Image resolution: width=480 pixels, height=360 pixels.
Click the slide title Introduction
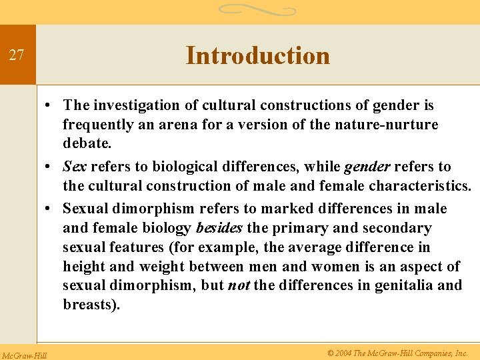point(257,55)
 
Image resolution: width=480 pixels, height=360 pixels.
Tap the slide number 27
point(17,55)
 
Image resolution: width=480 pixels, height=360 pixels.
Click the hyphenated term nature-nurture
point(386,124)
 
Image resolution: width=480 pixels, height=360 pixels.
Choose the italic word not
point(239,285)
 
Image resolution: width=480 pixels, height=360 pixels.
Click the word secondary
point(399,228)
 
